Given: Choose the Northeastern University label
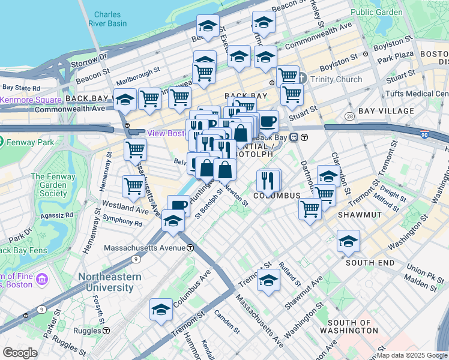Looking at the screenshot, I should [x=109, y=282].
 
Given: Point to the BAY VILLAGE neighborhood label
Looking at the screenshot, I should [x=386, y=111].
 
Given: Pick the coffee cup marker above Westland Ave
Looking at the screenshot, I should [x=178, y=206].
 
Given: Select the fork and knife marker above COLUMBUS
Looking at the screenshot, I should [x=268, y=180].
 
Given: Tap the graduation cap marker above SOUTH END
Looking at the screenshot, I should [x=348, y=241].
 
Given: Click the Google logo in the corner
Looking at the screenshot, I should [x=20, y=353].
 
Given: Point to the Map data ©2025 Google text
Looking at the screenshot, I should [x=412, y=355].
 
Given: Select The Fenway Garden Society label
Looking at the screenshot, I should [x=49, y=185].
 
